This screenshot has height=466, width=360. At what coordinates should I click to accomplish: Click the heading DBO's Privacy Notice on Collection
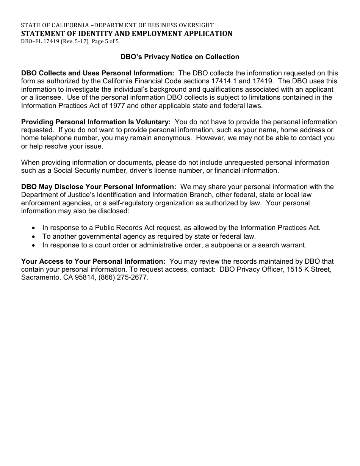click(x=180, y=57)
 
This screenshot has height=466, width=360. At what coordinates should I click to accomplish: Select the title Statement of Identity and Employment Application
click(x=127, y=34)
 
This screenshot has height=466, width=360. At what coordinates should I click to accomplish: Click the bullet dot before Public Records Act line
click(x=34, y=228)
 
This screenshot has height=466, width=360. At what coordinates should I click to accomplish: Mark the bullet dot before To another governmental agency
click(x=34, y=237)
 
